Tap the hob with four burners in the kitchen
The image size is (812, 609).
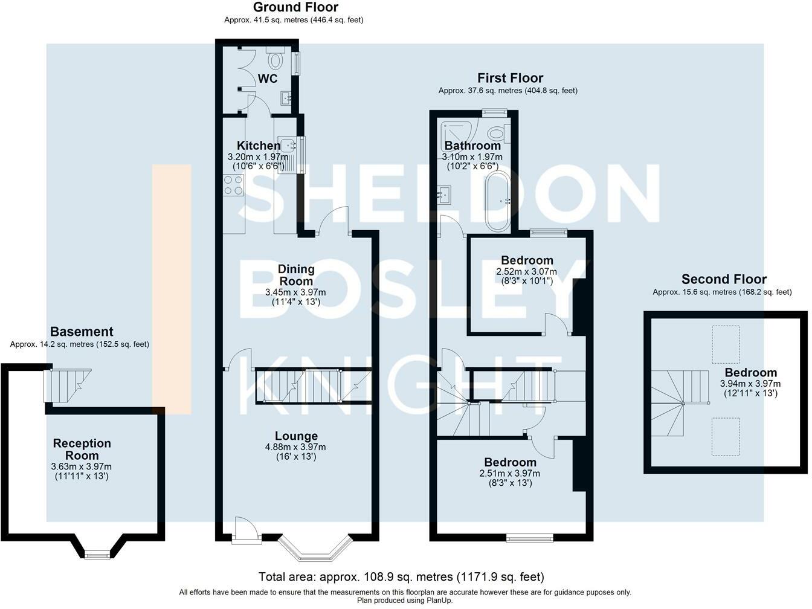[x=233, y=185]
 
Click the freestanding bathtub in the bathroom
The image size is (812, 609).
[x=498, y=202]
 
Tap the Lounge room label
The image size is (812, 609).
[x=296, y=436]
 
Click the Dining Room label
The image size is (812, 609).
[x=296, y=275]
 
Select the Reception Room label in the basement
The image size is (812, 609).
[x=82, y=449]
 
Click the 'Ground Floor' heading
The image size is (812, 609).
[x=295, y=7]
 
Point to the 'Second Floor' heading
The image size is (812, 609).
[x=724, y=279]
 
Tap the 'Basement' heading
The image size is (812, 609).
[x=82, y=331]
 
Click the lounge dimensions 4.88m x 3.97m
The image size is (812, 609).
[x=295, y=447]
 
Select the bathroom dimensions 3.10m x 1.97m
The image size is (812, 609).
[x=472, y=156]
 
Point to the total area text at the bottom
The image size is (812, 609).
[x=401, y=577]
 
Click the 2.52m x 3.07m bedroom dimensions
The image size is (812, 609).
[x=527, y=271]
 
